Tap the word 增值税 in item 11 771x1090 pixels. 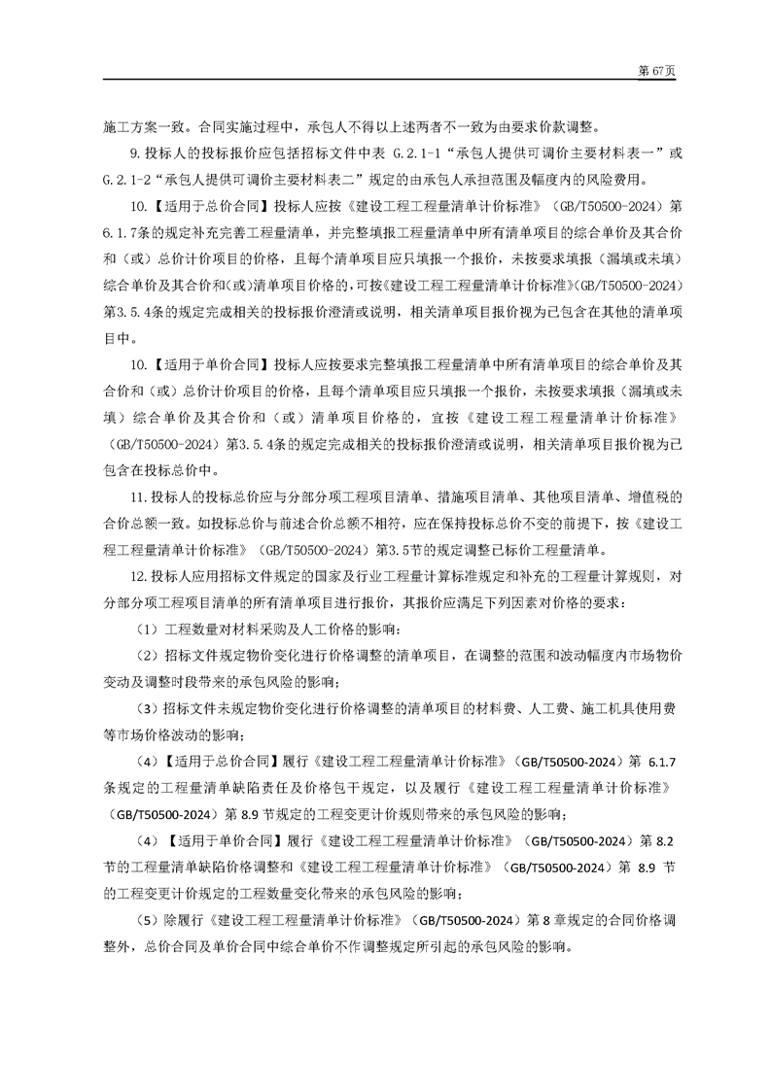(648, 496)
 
